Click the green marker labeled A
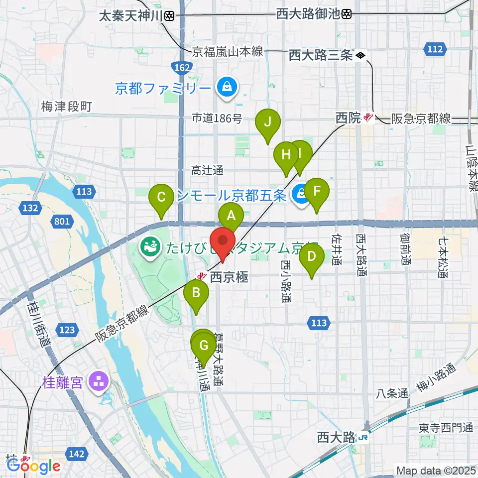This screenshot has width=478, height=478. click(x=231, y=216)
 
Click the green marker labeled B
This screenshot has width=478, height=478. click(x=196, y=293)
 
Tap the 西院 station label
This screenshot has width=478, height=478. click(x=348, y=118)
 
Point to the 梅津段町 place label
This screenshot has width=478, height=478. click(x=67, y=107)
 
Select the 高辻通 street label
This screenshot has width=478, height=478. click(x=207, y=171)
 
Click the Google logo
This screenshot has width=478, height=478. click(x=34, y=466)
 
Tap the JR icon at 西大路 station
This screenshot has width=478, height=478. click(x=363, y=438)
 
